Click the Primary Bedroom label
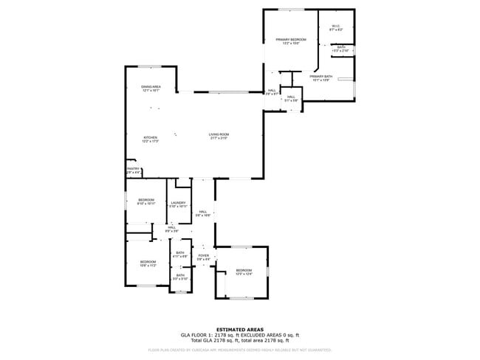point(291,41)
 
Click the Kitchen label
point(151,139)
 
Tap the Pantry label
point(133,170)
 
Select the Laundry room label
point(178,204)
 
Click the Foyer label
point(203,257)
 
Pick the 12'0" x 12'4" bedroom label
point(244,272)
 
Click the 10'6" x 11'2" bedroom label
point(148,263)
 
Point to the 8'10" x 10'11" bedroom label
point(146,201)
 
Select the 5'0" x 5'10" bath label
point(180,277)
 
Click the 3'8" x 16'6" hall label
point(203,213)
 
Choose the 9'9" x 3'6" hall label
point(171,229)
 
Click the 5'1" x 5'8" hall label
point(291,99)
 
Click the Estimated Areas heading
point(239,329)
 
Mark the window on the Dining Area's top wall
point(150,67)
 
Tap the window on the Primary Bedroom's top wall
point(290,10)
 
